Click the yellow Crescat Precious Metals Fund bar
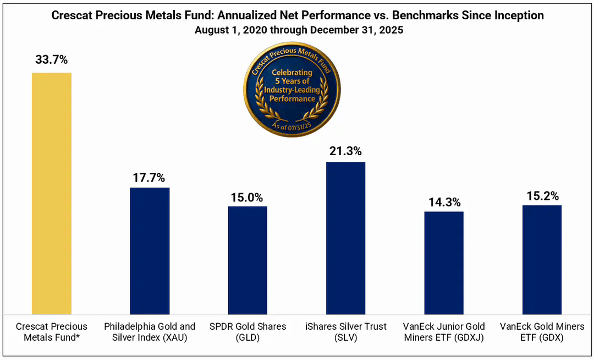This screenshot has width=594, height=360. coord(52,193)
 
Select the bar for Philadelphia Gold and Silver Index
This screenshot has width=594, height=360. coord(150,250)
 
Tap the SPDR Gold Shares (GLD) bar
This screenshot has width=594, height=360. coord(248,260)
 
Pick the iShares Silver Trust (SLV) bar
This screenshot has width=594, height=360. coord(345,238)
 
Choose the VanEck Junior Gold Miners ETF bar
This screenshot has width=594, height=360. coord(444,263)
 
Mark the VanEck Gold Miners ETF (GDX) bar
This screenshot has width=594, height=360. coord(542,259)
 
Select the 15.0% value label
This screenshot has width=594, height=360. coord(248,197)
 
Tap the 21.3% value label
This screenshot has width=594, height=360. coord(345,151)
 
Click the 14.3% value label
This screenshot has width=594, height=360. coord(444,201)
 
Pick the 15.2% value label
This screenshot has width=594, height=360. coord(542,195)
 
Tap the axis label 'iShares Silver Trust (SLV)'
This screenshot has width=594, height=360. coord(346,332)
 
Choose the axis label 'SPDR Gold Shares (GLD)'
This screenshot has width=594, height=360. coord(248,332)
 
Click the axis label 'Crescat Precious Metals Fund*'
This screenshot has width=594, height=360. coord(52,332)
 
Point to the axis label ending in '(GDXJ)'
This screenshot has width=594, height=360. coord(444,332)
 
